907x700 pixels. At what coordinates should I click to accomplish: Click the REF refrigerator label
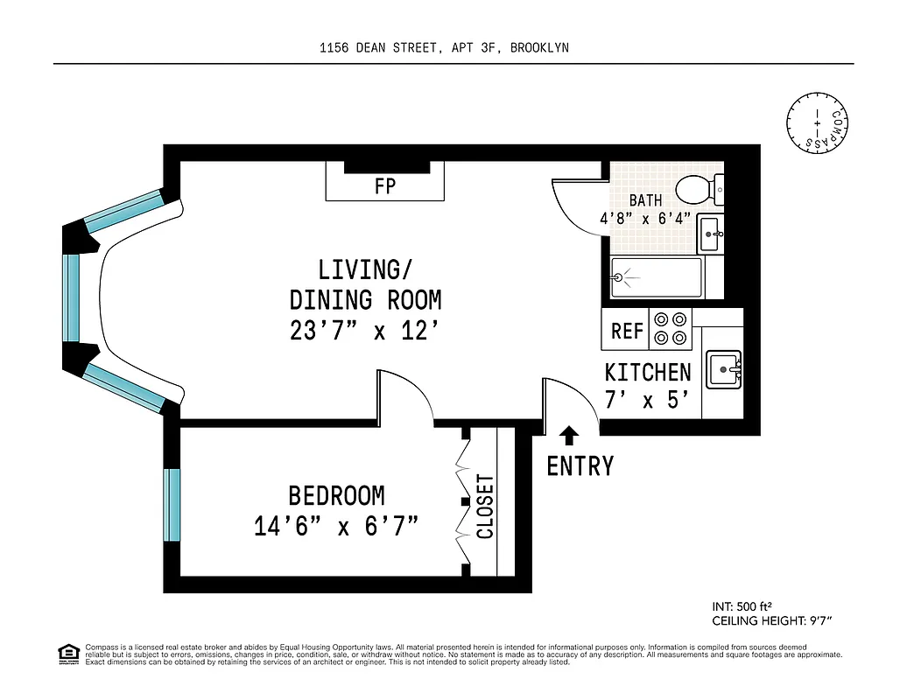click(627, 332)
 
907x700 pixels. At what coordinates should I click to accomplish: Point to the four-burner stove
click(670, 329)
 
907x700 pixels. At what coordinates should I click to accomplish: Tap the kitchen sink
click(724, 371)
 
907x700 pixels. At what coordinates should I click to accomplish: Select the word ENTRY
click(580, 466)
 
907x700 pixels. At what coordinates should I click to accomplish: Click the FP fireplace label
click(385, 186)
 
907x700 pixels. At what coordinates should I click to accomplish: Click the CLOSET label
click(486, 507)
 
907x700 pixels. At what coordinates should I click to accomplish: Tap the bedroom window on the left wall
click(172, 505)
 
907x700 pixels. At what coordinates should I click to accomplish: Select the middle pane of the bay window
click(72, 297)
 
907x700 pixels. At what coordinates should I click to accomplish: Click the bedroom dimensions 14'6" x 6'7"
click(336, 527)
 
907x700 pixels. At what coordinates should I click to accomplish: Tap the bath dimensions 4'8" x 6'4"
click(645, 219)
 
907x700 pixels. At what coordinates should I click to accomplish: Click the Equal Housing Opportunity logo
click(67, 653)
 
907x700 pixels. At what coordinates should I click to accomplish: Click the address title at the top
click(444, 48)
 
